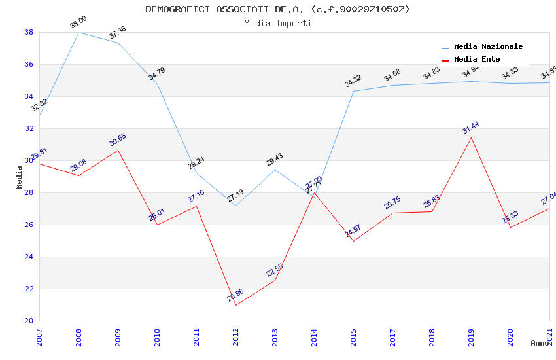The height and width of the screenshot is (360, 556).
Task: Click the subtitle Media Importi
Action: (277, 23)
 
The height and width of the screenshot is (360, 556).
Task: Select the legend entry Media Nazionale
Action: (488, 46)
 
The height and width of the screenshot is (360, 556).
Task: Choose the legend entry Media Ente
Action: (477, 59)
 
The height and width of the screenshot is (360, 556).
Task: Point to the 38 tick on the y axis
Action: (29, 32)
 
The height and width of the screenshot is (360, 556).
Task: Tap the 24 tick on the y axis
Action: (29, 257)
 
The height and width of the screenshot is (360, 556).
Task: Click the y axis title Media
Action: (19, 177)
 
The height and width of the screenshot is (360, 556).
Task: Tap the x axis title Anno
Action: (540, 343)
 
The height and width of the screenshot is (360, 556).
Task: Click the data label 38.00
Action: (78, 22)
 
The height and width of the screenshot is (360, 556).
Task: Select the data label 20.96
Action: (235, 295)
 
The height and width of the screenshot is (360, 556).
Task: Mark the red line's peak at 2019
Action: (472, 137)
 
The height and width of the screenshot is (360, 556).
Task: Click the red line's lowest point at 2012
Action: (236, 306)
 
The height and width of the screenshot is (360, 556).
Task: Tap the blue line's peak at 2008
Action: (79, 32)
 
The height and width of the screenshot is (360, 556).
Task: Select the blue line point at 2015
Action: (354, 91)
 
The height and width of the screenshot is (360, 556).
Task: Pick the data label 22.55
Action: (275, 270)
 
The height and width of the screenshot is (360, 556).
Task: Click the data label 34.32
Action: (353, 81)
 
